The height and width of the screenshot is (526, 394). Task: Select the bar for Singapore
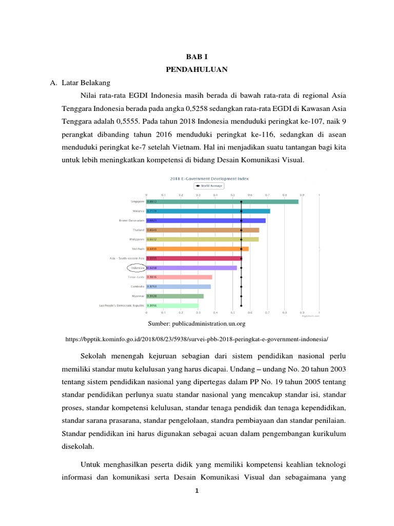click(222, 201)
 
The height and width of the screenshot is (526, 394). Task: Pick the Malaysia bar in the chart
click(208, 211)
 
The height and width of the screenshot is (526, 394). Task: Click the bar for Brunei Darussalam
click(206, 220)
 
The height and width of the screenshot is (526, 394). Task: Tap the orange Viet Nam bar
click(198, 249)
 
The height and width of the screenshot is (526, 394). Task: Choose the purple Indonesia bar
click(192, 268)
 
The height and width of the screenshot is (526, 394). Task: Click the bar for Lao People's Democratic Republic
click(172, 306)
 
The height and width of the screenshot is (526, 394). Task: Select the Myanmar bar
click(175, 296)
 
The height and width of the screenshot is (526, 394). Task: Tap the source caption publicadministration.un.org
click(197, 324)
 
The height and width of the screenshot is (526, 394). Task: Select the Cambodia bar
click(179, 287)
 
